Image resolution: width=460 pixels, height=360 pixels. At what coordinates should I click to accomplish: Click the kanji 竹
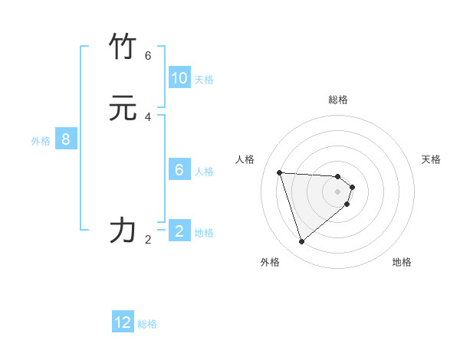tap(123, 47)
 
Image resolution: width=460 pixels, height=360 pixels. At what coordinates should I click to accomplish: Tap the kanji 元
tap(123, 108)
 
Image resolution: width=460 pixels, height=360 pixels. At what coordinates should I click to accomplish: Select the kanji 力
tap(123, 231)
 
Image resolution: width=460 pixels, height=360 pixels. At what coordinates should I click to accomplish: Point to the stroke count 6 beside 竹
tap(148, 56)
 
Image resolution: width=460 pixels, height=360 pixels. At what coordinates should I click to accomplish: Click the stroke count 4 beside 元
tap(148, 117)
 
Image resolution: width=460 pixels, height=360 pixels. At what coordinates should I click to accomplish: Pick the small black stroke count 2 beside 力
tap(148, 240)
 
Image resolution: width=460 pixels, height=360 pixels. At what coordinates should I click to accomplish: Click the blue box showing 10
tap(179, 78)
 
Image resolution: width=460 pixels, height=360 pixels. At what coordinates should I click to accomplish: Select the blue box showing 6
tap(179, 170)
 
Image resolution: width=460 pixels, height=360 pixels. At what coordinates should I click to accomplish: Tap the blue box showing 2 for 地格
tap(179, 231)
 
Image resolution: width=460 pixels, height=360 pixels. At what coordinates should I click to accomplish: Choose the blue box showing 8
tap(66, 139)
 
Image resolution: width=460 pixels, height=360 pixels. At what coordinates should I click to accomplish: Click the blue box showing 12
tap(123, 322)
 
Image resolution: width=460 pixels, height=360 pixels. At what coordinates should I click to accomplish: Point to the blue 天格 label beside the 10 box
tap(204, 80)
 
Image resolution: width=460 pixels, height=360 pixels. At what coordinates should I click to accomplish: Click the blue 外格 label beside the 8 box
tap(41, 141)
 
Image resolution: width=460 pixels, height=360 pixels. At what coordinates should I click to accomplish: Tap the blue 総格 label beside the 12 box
tap(147, 324)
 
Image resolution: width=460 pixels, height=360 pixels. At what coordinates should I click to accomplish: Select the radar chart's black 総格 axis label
tap(338, 100)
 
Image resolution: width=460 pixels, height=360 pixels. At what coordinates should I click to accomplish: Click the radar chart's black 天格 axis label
tap(431, 159)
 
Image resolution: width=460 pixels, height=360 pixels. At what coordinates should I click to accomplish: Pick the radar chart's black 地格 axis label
tap(402, 262)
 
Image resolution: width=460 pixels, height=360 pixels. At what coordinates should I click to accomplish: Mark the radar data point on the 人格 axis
tap(280, 172)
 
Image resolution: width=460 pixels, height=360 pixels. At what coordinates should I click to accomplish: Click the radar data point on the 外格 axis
tap(302, 242)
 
